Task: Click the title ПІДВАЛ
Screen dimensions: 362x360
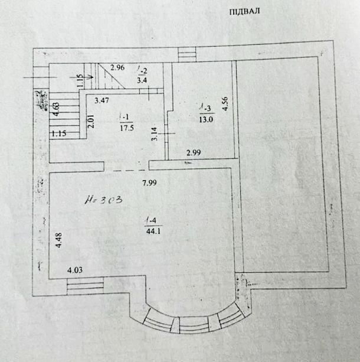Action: [244, 11]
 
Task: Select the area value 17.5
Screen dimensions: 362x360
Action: [125, 126]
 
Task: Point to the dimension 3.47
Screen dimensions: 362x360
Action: [103, 101]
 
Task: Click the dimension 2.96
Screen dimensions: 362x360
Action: [118, 68]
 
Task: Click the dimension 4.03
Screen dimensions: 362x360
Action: [74, 271]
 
